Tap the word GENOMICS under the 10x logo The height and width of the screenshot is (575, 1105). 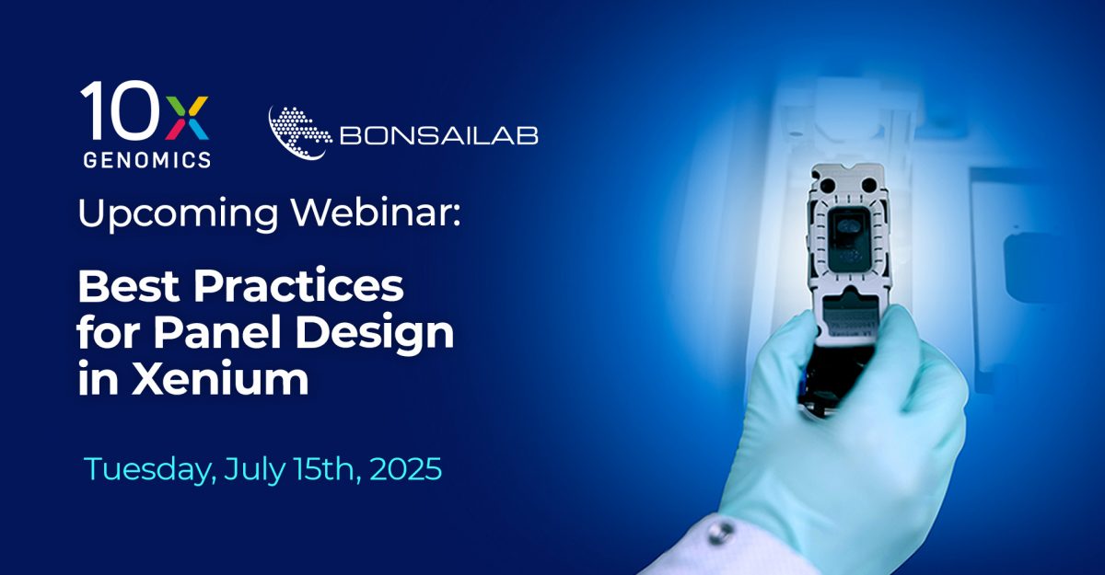tap(147, 159)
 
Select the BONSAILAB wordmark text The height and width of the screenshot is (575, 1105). tap(438, 135)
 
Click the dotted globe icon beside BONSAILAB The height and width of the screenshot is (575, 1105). tap(299, 133)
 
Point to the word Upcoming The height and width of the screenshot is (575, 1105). tap(178, 214)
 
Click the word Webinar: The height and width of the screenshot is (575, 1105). tap(376, 213)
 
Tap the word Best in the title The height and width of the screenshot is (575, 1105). tap(128, 286)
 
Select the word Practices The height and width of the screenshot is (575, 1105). tap(298, 286)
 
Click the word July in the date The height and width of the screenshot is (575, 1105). tap(254, 469)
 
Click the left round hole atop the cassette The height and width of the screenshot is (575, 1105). tap(827, 186)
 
